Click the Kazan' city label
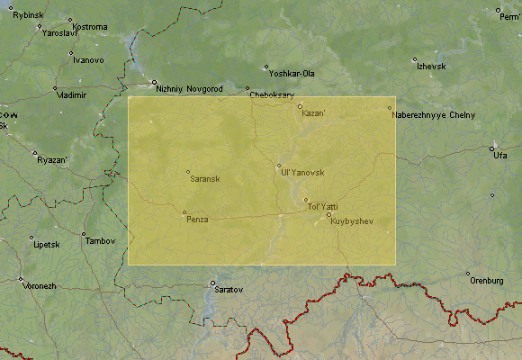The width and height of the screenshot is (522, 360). pyautogui.click(x=314, y=113)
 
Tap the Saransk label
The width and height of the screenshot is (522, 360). pyautogui.click(x=205, y=178)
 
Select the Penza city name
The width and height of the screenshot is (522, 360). pyautogui.click(x=197, y=220)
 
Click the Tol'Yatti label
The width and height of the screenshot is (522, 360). pyautogui.click(x=323, y=207)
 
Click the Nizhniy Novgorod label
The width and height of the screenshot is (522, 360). pyautogui.click(x=189, y=88)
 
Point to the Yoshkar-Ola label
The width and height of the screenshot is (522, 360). pyautogui.click(x=294, y=73)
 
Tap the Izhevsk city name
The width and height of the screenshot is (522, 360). pyautogui.click(x=430, y=67)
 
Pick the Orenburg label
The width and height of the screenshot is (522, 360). pyautogui.click(x=486, y=281)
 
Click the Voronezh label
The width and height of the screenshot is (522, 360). pyautogui.click(x=39, y=285)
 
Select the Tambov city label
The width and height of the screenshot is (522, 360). pyautogui.click(x=99, y=241)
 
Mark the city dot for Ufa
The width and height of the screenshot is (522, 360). pyautogui.click(x=491, y=148)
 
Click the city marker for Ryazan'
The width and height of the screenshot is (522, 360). pyautogui.click(x=34, y=153)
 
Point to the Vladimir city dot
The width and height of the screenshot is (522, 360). pyautogui.click(x=56, y=87)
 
